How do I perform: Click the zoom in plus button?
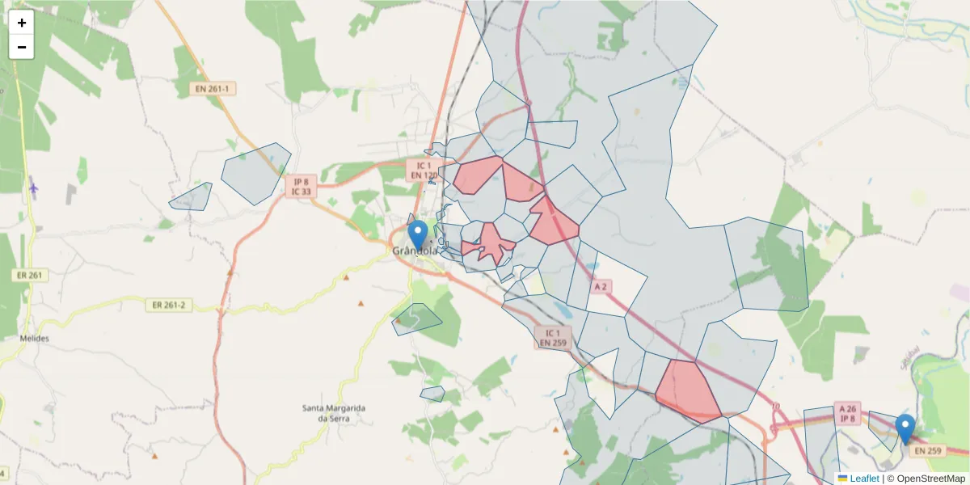point(22,23)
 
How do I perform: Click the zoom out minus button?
point(22,47)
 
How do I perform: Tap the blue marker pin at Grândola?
point(417,234)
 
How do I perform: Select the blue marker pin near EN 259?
point(905,428)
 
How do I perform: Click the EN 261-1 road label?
point(212,88)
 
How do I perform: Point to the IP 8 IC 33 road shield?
point(301,187)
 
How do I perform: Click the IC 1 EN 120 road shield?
point(424,170)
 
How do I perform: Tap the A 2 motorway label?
point(600,286)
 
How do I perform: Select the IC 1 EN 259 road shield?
point(553,338)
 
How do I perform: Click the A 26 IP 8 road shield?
point(847,412)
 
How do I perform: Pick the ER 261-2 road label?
point(168,305)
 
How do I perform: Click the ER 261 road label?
point(31,275)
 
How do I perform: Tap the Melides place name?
point(34,338)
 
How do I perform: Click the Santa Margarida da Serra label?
point(333,413)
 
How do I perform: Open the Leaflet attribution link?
point(864,479)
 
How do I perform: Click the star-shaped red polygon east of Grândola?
point(490,242)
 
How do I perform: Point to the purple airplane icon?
point(33,188)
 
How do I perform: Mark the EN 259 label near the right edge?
point(930,450)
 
